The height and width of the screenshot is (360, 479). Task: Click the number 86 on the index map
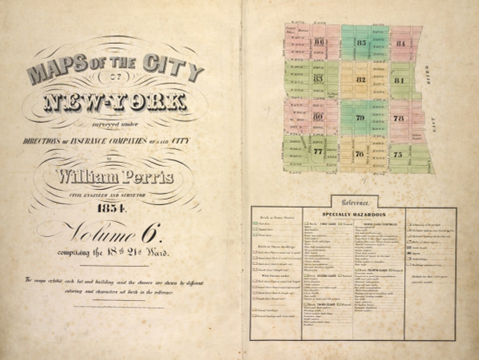[319, 42]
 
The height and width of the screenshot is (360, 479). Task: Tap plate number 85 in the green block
[361, 42]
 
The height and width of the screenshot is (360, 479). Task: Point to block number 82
[361, 80]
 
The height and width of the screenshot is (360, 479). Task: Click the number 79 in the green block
[360, 117]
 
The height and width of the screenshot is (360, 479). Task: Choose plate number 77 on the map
[318, 151]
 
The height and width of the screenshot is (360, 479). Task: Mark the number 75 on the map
[398, 154]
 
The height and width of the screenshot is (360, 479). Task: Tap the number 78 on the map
[398, 118]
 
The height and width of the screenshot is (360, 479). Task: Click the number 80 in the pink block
[318, 117]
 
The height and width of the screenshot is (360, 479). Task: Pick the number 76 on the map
[359, 154]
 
